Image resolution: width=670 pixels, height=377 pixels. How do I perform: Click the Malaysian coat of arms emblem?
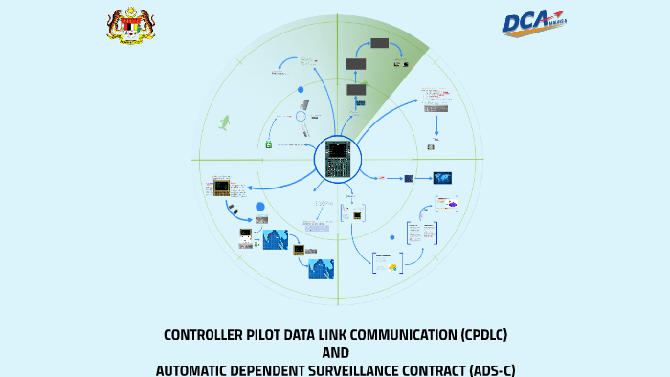(x=131, y=25)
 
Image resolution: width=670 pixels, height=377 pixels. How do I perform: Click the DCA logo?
(x=535, y=24)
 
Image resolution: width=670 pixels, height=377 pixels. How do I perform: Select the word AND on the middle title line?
(x=335, y=352)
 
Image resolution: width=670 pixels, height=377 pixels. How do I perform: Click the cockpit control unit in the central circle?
(x=338, y=158)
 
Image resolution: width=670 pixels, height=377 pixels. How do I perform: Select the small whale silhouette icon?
(x=226, y=122)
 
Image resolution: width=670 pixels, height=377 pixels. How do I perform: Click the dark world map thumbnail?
(x=441, y=177)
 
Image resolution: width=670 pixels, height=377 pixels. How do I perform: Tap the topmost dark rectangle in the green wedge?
(x=380, y=44)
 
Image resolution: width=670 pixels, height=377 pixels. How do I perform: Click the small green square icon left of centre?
(x=269, y=144)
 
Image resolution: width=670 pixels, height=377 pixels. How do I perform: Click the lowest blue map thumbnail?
(x=321, y=269)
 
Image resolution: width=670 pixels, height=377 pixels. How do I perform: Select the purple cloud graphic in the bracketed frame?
(x=449, y=204)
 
